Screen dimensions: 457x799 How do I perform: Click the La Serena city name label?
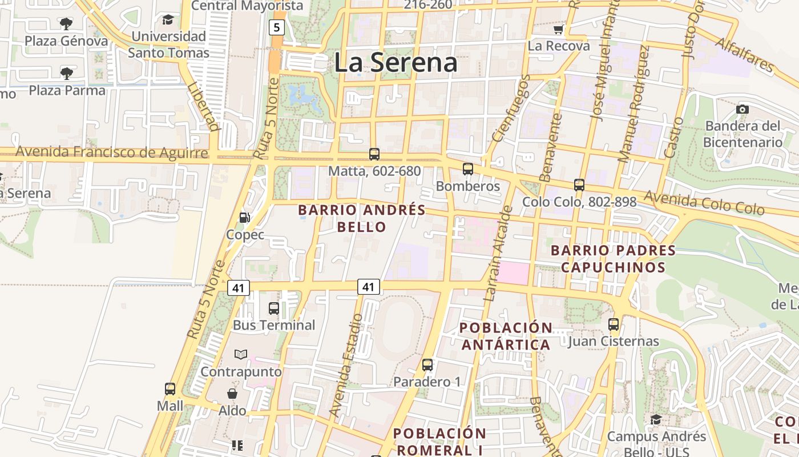click(396, 62)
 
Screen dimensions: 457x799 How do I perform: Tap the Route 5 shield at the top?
click(277, 27)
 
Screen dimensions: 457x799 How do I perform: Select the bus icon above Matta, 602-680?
click(374, 154)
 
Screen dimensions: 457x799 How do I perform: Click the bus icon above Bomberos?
click(468, 169)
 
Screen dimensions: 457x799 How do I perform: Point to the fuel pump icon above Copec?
click(244, 218)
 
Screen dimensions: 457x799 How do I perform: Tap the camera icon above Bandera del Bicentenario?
click(742, 109)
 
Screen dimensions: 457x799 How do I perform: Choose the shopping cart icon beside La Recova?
click(558, 29)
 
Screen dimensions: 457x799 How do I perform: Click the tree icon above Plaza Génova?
click(66, 24)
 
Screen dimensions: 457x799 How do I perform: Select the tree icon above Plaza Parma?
click(67, 73)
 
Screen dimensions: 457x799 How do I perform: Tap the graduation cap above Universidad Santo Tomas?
click(168, 20)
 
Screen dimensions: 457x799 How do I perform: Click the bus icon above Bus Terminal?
click(274, 308)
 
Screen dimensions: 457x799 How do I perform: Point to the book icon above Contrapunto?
click(241, 355)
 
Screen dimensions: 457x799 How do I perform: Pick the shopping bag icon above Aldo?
click(232, 394)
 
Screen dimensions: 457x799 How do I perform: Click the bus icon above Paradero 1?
click(427, 364)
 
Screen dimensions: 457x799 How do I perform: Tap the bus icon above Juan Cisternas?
click(614, 324)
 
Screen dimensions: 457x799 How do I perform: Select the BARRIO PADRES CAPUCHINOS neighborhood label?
click(613, 259)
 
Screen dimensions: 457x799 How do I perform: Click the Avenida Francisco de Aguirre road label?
click(111, 153)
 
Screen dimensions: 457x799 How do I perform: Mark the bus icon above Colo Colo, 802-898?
click(579, 185)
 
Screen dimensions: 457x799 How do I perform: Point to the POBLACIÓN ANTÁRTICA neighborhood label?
click(506, 336)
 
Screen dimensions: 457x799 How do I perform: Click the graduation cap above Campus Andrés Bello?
click(656, 420)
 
